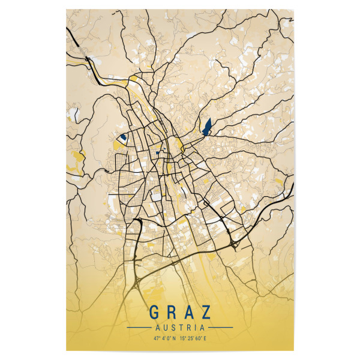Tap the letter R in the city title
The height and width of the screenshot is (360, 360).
coord(171,313)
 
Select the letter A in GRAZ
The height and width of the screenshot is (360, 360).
coord(189,313)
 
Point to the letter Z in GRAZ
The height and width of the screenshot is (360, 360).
coord(207,313)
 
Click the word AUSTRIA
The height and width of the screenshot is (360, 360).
coord(180,328)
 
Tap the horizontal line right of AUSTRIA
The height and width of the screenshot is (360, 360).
coord(220,328)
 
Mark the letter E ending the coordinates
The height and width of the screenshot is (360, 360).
coord(211,339)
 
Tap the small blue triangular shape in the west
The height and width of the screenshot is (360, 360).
coord(123,137)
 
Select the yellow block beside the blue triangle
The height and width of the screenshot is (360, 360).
coord(116,145)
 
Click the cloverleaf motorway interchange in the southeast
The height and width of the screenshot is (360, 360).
coord(235,244)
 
